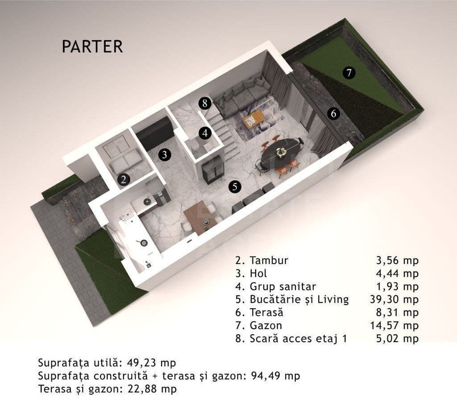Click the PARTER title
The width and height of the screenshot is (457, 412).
pos(92,47)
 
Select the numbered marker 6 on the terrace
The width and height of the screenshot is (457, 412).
pos(333,114)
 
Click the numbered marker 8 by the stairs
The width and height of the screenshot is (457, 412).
pos(205,104)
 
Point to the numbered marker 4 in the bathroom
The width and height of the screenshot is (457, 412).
pos(205,132)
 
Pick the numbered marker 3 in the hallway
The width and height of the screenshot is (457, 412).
pos(165,155)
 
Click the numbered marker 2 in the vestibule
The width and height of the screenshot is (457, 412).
pos(124,179)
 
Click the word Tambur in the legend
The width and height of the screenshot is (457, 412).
pos(269,261)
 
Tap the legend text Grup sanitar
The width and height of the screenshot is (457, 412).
pos(283,286)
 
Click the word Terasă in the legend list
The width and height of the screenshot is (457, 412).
pos(267,313)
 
